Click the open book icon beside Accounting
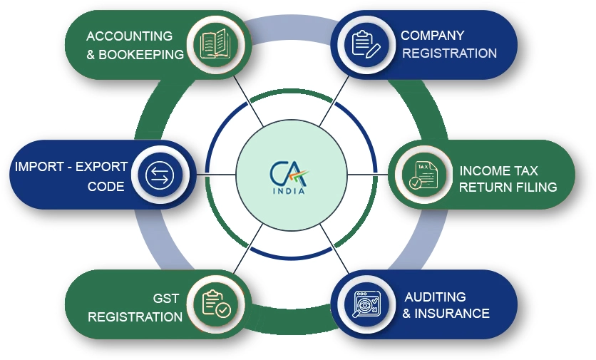[215, 43]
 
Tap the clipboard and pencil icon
[366, 44]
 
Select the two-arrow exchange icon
[160, 175]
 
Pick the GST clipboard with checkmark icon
[216, 304]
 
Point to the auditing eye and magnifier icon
[366, 304]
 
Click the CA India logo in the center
[289, 178]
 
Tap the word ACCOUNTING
[129, 36]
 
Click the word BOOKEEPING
[141, 55]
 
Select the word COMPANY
[433, 36]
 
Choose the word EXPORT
[101, 167]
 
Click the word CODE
[106, 186]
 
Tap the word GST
[165, 299]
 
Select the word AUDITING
[435, 297]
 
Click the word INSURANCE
[452, 313]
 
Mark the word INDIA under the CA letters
[289, 191]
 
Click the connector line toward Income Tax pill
[368, 175]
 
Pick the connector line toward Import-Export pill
[216, 175]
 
